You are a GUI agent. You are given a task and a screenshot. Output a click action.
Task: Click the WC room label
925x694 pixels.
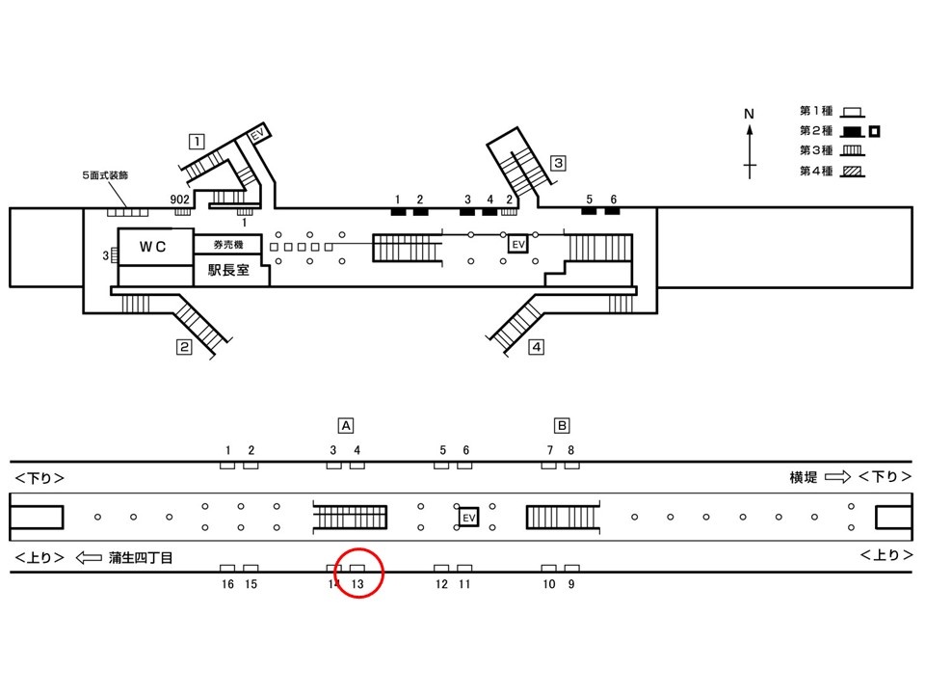(x=152, y=247)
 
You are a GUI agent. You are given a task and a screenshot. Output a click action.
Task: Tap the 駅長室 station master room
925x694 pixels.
(x=229, y=270)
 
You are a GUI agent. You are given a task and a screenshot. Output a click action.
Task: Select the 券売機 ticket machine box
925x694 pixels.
(x=227, y=244)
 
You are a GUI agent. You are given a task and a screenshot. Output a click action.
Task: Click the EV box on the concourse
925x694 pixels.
(x=518, y=244)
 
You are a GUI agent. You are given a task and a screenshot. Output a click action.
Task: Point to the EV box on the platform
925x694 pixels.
(x=468, y=518)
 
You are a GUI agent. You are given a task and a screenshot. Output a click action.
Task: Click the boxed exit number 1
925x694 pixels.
(x=197, y=142)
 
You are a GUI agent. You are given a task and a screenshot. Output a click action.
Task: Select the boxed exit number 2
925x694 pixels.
(x=184, y=347)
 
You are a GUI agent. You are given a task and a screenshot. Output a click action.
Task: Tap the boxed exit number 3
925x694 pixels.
(x=558, y=163)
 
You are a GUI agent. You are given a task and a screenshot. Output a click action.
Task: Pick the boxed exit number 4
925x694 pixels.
(x=536, y=346)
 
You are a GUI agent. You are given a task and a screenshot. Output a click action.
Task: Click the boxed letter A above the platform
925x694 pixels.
(x=346, y=425)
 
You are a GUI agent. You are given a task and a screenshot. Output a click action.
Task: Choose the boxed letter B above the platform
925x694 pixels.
(x=562, y=425)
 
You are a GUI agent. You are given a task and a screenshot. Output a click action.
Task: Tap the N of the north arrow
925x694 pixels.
(x=749, y=114)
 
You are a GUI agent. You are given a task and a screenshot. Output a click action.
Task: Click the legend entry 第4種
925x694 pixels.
(x=816, y=172)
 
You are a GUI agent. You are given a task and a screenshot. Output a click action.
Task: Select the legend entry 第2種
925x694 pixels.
(x=816, y=130)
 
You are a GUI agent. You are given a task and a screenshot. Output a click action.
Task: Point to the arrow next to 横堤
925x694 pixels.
(x=837, y=476)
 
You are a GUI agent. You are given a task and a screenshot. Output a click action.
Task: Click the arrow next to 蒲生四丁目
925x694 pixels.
(x=89, y=557)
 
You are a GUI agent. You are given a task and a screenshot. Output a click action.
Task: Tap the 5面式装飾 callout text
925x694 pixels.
(x=105, y=175)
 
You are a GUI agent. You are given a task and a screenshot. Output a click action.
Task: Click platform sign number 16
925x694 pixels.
(x=227, y=584)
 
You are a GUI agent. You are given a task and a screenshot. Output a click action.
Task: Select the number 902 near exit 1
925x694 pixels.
(x=179, y=200)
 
